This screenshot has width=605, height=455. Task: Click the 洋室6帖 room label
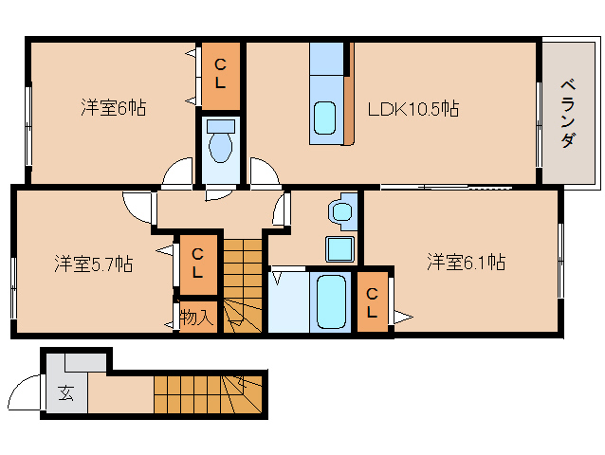[114, 107]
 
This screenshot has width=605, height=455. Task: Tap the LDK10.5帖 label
[413, 109]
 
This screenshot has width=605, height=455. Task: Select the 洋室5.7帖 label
[94, 264]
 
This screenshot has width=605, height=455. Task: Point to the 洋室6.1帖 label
[467, 262]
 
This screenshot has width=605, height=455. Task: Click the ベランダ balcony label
[568, 113]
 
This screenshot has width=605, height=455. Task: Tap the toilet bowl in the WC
[221, 141]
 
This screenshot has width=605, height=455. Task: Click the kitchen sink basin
[324, 118]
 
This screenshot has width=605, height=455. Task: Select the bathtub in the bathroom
[331, 301]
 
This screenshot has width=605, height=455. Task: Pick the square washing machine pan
[339, 249]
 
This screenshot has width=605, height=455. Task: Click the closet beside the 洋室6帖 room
[221, 76]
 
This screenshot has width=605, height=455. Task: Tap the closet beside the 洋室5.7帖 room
[198, 264]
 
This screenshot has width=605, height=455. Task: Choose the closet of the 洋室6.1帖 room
[372, 301]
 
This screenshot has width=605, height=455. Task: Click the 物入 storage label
[197, 318]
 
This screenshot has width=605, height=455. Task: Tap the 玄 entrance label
[66, 393]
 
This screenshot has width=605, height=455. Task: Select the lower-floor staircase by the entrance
[208, 394]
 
